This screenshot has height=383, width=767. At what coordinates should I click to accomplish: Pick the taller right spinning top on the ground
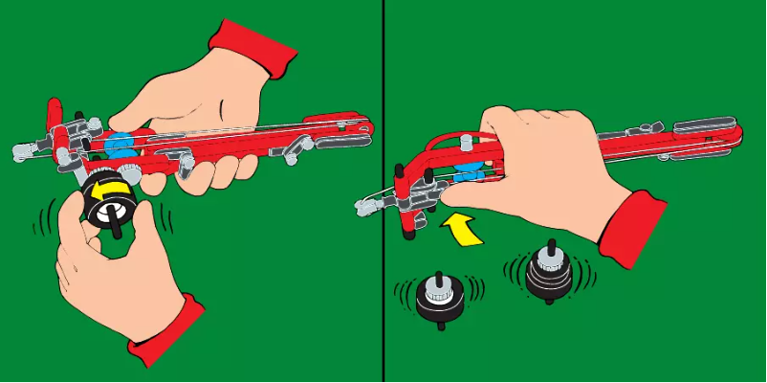(x=548, y=271)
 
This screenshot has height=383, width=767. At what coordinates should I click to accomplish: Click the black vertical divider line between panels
(x=384, y=191)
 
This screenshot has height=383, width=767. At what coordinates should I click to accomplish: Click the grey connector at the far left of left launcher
(x=24, y=148)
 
